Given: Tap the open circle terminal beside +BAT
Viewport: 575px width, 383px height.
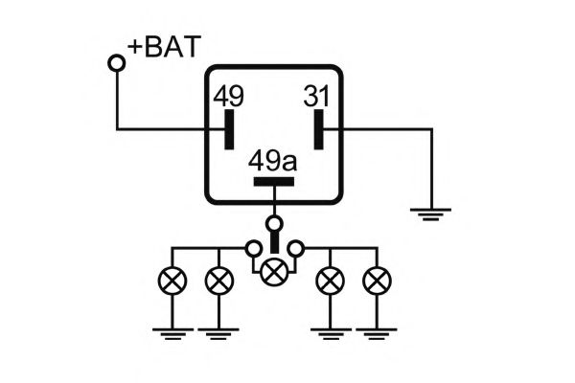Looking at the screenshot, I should point(117,63).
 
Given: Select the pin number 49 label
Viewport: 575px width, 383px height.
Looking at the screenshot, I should point(228,97).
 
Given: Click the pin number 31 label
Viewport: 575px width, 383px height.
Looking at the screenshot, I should point(317,97).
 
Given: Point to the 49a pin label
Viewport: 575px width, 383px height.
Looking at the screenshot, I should point(273,160).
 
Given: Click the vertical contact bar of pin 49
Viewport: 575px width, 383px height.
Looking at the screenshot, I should point(229,129).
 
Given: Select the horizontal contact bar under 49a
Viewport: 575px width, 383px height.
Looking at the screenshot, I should point(274,180).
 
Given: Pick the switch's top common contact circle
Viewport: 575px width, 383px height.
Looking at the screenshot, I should point(274,224).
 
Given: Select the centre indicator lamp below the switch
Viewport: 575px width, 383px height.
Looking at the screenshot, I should point(274,272).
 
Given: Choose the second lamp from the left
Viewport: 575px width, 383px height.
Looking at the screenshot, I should point(219,281).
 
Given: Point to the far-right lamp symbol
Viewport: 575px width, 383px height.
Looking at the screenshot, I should point(378,281).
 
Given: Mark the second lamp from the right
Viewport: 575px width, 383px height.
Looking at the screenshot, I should point(331,281).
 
